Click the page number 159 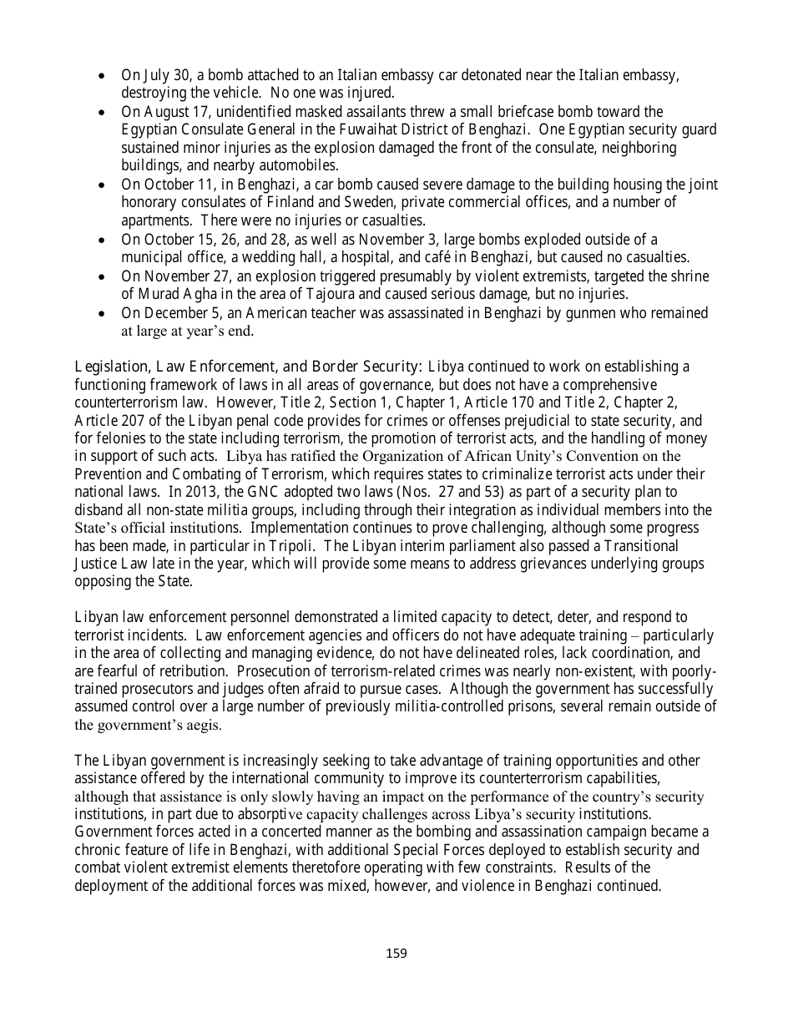[x=396, y=954]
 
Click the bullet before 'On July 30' [x=102, y=75]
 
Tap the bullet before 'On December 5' [x=102, y=314]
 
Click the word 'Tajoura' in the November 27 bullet [x=358, y=295]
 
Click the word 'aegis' [x=202, y=726]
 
